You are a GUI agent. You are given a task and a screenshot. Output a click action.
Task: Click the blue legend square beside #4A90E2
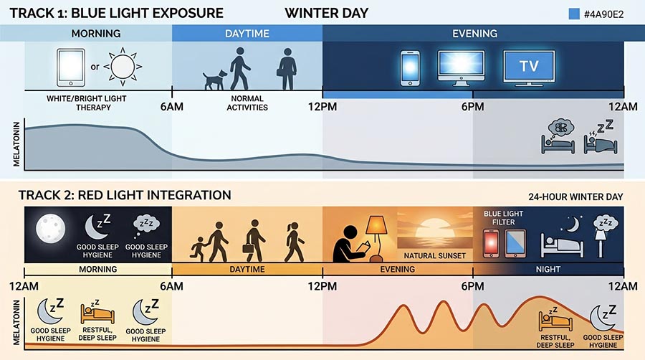click(x=573, y=14)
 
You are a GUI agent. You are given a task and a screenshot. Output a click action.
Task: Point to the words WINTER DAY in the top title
click(x=326, y=13)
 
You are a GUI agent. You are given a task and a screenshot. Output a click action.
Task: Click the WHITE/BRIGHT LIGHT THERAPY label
click(x=79, y=103)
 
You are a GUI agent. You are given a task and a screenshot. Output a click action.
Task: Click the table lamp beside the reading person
click(x=378, y=235)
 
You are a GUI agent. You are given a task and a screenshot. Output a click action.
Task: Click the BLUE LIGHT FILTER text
click(x=504, y=217)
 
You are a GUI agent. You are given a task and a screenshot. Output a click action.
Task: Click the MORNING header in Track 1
click(x=96, y=34)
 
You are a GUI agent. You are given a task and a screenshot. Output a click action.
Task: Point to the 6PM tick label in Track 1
click(x=473, y=107)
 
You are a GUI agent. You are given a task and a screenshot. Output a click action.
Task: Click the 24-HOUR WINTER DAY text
click(x=576, y=196)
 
